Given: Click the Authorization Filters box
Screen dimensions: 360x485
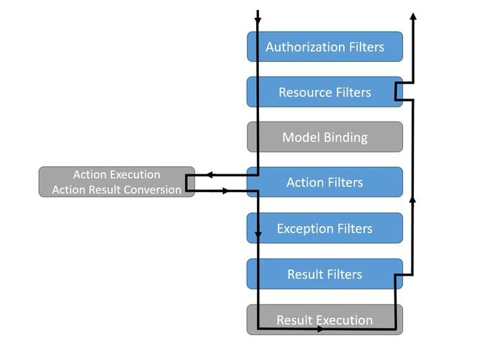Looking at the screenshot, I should point(325,47).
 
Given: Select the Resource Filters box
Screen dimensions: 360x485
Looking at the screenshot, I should point(325,92).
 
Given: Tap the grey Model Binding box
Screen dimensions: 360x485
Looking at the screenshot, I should point(325,137).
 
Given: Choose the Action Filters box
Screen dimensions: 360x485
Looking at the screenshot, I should point(325,182).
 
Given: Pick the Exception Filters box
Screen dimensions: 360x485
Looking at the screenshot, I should point(325,228).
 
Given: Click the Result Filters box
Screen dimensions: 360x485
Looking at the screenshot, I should point(325,274).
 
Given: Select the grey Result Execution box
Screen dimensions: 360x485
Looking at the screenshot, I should point(325,319).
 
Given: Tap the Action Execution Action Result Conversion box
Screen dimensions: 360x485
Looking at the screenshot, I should point(117,182).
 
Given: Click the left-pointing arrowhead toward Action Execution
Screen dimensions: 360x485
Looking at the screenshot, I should point(209,174).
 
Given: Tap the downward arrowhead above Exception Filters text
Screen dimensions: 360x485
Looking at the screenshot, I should point(258,236).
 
